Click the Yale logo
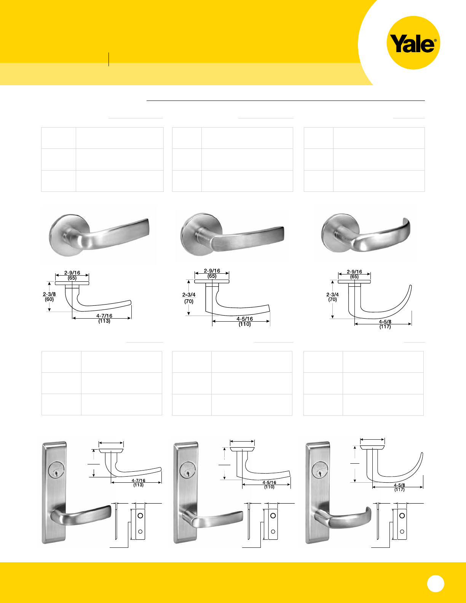pyautogui.click(x=413, y=43)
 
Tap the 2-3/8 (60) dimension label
pyautogui.click(x=49, y=297)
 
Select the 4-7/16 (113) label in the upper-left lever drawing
pyautogui.click(x=104, y=319)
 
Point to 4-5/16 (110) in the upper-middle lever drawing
pyautogui.click(x=245, y=322)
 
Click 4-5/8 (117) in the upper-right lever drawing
pyautogui.click(x=385, y=324)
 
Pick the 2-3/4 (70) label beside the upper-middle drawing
pyautogui.click(x=189, y=298)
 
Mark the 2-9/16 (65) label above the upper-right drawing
pyautogui.click(x=354, y=274)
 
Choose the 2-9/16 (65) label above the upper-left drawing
pyautogui.click(x=72, y=275)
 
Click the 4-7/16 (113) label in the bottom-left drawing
pyautogui.click(x=138, y=483)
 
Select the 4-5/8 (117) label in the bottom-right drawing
pyautogui.click(x=399, y=487)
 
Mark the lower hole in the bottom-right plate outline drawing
pyautogui.click(x=402, y=531)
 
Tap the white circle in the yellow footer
pyautogui.click(x=436, y=583)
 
